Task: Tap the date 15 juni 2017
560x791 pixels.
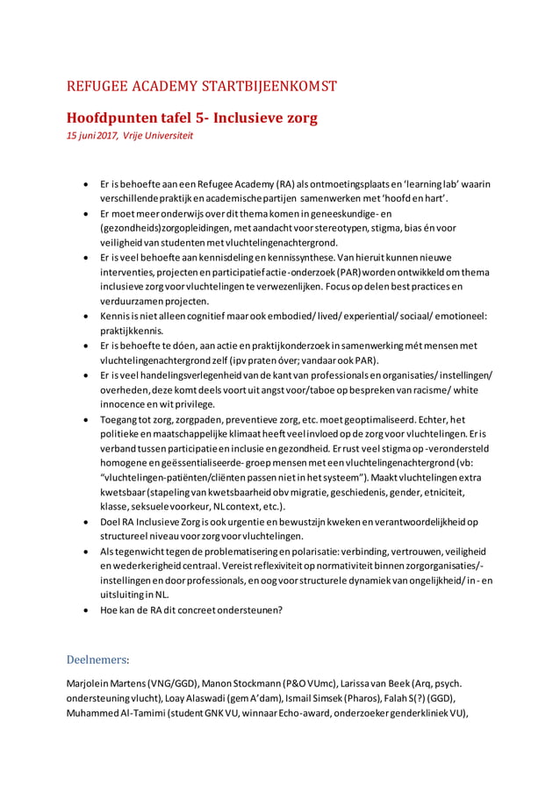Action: tap(93, 136)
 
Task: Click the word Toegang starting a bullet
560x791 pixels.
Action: tap(120, 420)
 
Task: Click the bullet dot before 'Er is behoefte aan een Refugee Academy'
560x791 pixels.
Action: tap(83, 185)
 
